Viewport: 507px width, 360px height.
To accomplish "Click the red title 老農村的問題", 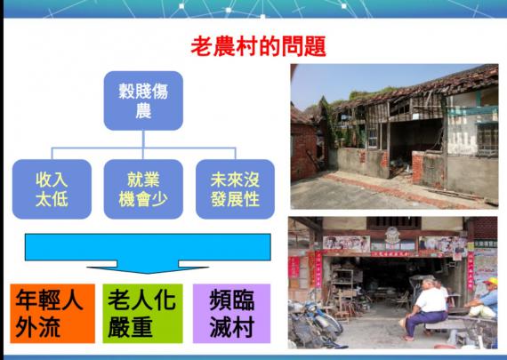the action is (x=258, y=46).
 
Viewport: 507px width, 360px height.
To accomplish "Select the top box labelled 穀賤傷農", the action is (x=143, y=100).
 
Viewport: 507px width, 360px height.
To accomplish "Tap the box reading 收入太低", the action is (x=52, y=189).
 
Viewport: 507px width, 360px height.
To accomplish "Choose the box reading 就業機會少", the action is (x=143, y=189).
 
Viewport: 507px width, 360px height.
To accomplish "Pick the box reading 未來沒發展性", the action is (x=235, y=189).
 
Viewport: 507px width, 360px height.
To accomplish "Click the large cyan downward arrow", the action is (x=148, y=252).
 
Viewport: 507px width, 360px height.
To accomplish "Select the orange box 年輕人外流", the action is (x=52, y=314).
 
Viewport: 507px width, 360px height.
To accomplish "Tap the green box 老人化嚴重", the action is (x=142, y=314).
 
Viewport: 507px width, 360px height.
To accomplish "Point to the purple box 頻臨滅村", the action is (x=231, y=314).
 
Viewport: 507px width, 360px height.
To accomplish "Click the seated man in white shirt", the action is (x=427, y=307).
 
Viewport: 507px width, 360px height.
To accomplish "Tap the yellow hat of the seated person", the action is (x=491, y=281).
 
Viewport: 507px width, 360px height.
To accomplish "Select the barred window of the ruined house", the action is (x=487, y=140).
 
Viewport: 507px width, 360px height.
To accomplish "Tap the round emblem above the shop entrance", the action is (x=392, y=235).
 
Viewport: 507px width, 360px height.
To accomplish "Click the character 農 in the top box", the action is (x=143, y=110).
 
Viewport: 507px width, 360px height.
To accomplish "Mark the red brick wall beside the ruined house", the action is (x=304, y=152).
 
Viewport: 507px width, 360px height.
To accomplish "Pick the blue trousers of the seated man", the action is (x=422, y=320).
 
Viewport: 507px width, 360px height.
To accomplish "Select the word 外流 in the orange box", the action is (x=38, y=327).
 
